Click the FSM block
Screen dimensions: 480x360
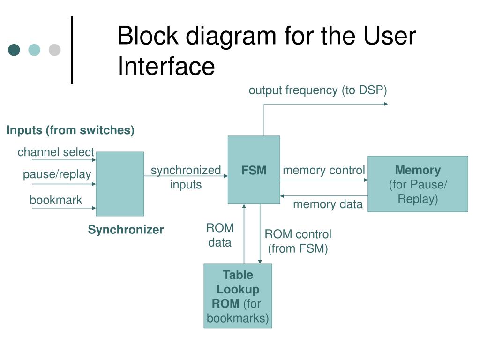click(254, 170)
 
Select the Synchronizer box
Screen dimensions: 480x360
click(120, 184)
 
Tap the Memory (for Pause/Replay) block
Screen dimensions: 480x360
click(418, 184)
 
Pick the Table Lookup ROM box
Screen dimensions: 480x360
click(238, 296)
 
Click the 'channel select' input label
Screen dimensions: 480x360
click(56, 152)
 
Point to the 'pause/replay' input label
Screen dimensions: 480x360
click(57, 174)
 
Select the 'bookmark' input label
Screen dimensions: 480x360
click(56, 200)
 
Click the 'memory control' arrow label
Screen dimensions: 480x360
click(324, 170)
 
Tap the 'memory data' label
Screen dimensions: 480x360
click(328, 204)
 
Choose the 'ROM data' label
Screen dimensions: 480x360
click(220, 235)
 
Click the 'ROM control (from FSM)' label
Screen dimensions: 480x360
click(298, 241)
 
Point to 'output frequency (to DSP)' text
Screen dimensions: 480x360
click(318, 90)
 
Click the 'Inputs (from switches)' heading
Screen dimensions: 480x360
click(70, 130)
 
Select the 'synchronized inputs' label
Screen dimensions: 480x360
click(186, 177)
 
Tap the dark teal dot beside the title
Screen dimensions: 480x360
click(14, 50)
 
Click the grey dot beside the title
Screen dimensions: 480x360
click(54, 50)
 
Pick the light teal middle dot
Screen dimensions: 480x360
click(34, 50)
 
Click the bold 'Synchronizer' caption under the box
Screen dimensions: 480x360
click(126, 230)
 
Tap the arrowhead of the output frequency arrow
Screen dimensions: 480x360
click(386, 104)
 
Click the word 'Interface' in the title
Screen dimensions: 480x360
click(166, 66)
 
